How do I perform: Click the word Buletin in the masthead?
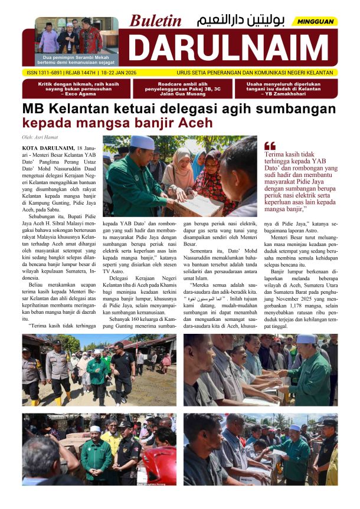coord(156,21)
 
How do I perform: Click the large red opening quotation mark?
coord(270,145)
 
